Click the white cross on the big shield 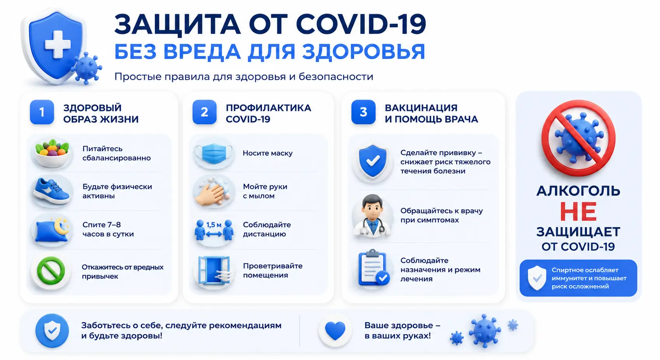pos(58,44)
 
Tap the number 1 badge pos(42,112)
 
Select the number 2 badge pos(204,112)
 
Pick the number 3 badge pos(363,112)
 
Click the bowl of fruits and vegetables pos(52,153)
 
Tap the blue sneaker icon pos(52,191)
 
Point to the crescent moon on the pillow pos(62,225)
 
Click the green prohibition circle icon pos(51,271)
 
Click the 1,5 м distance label pos(214,225)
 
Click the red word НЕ pos(578,211)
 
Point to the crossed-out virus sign pos(578,138)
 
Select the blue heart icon pos(335,331)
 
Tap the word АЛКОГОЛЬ pos(578,191)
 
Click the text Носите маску pos(267,153)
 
